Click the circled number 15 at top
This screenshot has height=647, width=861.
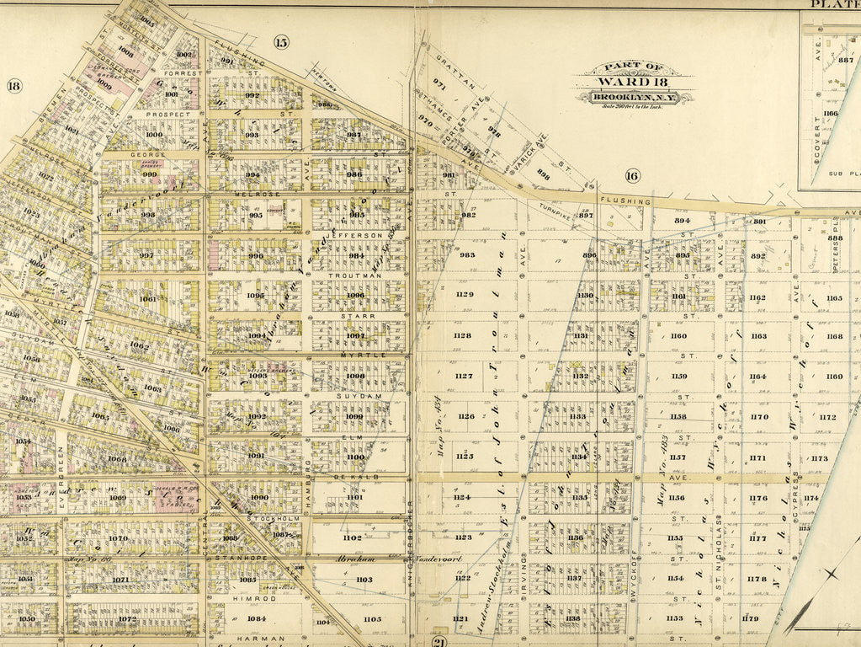tap(280, 42)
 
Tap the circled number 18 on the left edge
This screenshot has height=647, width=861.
tap(13, 85)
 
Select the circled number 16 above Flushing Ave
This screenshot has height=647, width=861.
tap(632, 175)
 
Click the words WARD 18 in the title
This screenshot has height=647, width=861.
tap(635, 83)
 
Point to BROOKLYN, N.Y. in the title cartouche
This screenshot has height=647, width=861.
tap(635, 98)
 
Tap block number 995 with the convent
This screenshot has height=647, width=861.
tap(256, 215)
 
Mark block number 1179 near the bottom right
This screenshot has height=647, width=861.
tap(750, 618)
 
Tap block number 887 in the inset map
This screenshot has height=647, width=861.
tap(845, 60)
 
